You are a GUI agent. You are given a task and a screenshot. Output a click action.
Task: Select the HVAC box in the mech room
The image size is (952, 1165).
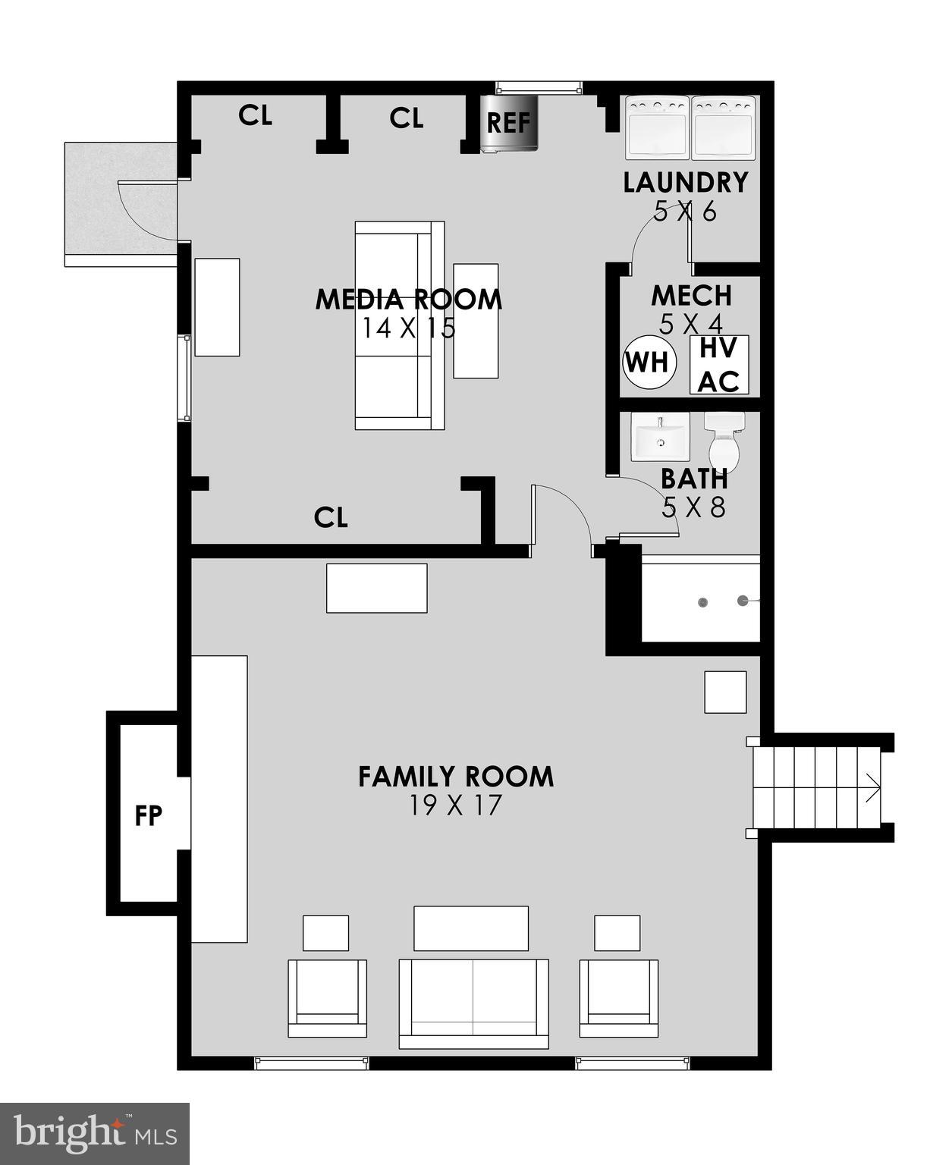click(718, 365)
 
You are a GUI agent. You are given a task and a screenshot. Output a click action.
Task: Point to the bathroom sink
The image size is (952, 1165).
click(660, 437)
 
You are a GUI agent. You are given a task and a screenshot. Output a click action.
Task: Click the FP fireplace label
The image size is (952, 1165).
click(148, 816)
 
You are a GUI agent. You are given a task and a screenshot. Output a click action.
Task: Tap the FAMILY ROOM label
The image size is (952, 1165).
click(456, 777)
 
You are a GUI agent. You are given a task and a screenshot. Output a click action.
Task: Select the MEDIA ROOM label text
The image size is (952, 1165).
click(408, 299)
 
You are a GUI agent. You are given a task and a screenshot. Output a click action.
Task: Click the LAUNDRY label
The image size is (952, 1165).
click(686, 183)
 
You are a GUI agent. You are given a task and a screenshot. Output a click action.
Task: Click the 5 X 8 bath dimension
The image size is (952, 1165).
click(693, 507)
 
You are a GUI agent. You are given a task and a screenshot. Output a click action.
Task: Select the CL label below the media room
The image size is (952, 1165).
click(331, 518)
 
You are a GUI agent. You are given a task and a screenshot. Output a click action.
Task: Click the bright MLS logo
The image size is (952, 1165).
click(95, 1134)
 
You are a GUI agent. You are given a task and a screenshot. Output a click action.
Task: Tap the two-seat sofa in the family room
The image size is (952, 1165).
click(473, 1003)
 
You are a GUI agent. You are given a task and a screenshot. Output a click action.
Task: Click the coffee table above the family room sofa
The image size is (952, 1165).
click(470, 928)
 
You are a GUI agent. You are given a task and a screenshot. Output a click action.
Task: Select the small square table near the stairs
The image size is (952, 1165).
click(725, 692)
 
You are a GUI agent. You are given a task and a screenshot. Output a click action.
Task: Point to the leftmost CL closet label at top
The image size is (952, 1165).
click(255, 116)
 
